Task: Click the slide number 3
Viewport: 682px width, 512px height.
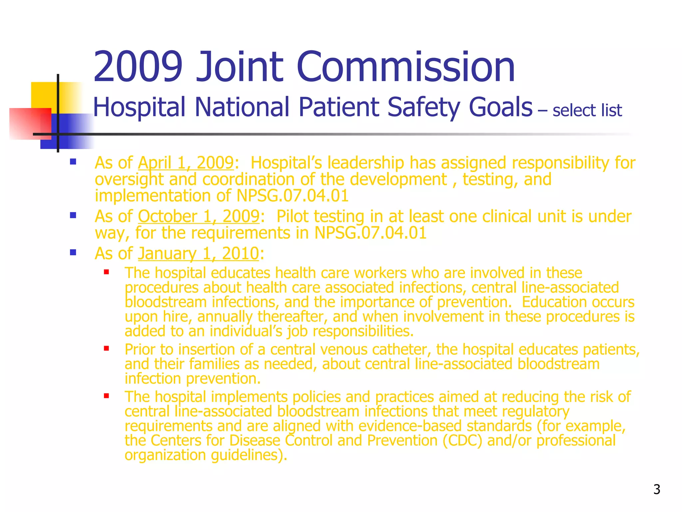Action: (x=656, y=489)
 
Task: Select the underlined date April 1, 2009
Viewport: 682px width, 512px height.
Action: (x=186, y=163)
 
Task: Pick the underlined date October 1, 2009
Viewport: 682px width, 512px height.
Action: (x=198, y=216)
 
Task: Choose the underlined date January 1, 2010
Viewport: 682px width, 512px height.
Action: (x=198, y=253)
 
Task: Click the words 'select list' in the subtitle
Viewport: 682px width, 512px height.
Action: (x=587, y=110)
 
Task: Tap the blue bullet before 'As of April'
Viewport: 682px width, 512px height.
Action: (x=73, y=162)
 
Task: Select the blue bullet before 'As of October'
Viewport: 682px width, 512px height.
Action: (x=73, y=215)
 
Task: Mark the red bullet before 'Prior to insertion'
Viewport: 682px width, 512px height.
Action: (x=107, y=349)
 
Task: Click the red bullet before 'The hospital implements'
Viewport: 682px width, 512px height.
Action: (x=107, y=396)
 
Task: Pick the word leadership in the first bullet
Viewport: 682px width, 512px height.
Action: (x=365, y=163)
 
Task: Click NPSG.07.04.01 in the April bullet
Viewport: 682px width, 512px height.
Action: (x=292, y=196)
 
